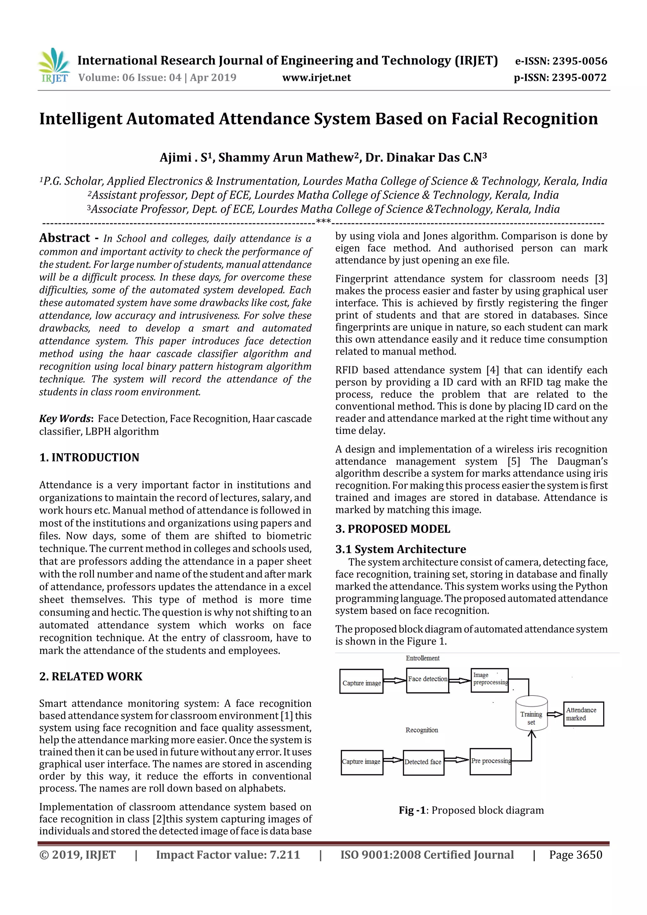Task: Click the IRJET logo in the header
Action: click(54, 66)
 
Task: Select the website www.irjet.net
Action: click(317, 77)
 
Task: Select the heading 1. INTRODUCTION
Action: click(89, 457)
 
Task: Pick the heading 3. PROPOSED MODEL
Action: click(393, 529)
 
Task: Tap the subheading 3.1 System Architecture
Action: click(400, 549)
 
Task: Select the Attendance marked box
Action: click(583, 714)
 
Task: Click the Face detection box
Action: click(428, 679)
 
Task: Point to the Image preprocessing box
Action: click(490, 679)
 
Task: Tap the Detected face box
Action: click(423, 761)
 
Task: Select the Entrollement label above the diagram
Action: click(423, 658)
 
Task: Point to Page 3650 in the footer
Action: click(576, 855)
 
